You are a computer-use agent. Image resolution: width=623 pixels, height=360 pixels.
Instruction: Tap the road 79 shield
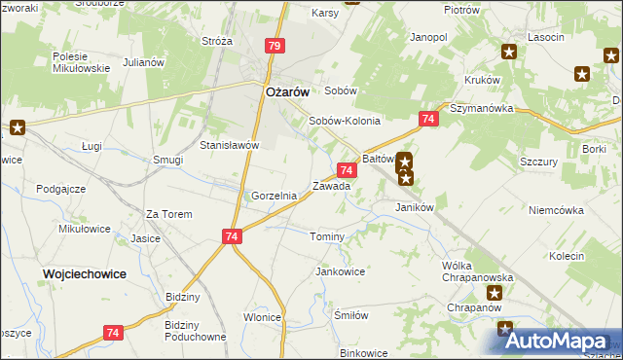coord(275,46)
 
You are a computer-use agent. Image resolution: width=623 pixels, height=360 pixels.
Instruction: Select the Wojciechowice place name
coord(85,274)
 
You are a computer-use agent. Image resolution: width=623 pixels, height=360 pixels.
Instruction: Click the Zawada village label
coord(331,186)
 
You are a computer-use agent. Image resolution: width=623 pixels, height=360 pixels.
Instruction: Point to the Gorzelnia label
coord(274,196)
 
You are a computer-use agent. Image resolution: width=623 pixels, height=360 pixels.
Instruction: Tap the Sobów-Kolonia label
coord(344,122)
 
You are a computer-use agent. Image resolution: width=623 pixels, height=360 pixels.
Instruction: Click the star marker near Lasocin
coord(508,52)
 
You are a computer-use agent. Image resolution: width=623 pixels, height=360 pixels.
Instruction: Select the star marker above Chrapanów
coord(495,292)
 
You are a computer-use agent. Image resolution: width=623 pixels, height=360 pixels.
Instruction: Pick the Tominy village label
coord(327,237)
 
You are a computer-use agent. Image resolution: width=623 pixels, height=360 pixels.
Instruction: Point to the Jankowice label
coord(340,271)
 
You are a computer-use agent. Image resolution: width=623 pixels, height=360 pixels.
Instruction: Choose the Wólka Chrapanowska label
coord(477,271)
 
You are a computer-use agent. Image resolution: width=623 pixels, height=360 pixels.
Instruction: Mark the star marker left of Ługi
coord(17,126)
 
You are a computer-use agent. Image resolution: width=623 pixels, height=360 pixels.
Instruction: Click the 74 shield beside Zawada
coord(347,170)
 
